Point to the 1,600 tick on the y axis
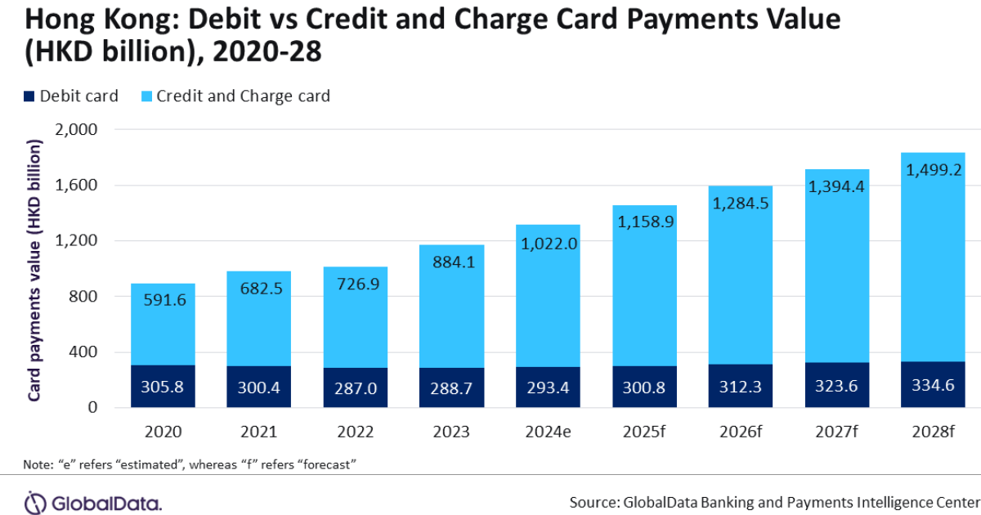[77, 186]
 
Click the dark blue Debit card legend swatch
[29, 96]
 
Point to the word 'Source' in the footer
[594, 500]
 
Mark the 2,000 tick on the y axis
[77, 130]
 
